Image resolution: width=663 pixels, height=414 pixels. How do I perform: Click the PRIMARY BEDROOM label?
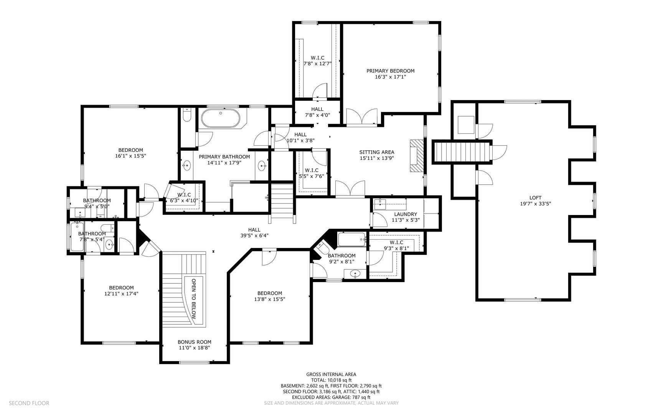coord(390,71)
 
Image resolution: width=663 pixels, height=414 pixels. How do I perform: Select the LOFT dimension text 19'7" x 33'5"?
coord(535,204)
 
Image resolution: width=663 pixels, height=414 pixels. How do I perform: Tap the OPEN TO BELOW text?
coord(194,299)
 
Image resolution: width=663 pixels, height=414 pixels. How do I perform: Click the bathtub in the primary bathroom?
coord(220,118)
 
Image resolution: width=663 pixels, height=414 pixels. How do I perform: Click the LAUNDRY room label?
coord(405,214)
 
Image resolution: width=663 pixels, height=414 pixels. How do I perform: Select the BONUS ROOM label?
coord(194,342)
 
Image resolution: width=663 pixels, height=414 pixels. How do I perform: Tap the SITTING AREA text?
coord(376,152)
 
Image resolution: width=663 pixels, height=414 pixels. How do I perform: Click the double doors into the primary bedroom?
coord(362,117)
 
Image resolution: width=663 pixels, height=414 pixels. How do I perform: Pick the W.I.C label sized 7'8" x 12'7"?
coord(317,58)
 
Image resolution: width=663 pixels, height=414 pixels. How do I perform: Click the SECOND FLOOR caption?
coord(29,403)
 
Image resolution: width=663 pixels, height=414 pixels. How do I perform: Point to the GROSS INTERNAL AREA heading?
coord(331,375)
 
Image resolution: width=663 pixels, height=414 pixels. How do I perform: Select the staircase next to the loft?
coord(462,152)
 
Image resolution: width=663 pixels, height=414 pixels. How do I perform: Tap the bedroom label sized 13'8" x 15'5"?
coord(269,293)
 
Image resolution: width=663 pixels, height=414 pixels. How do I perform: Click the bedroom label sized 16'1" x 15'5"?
coord(130,150)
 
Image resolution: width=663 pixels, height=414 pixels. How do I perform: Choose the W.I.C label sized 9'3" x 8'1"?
coord(396,242)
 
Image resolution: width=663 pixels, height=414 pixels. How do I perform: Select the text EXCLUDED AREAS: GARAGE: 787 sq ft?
coord(331,398)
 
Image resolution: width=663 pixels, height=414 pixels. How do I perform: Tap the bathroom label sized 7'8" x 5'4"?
coord(92,233)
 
